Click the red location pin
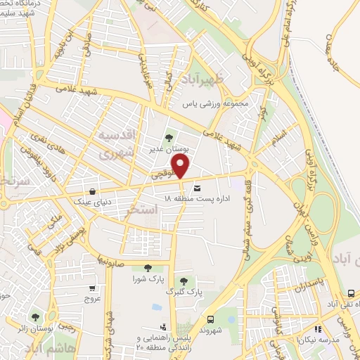point(181,167)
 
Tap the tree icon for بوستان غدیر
point(168,138)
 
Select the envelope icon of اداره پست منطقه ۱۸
point(196,188)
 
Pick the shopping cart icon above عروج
point(92,288)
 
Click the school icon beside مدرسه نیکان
point(318,328)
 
